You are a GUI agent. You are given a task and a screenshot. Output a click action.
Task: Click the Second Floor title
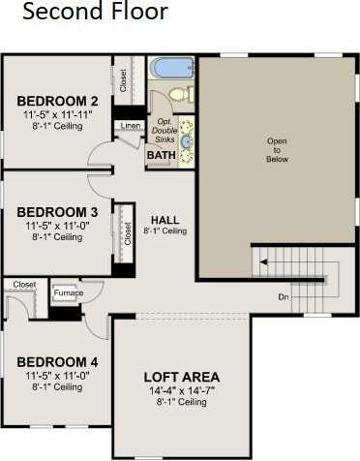pyautogui.click(x=96, y=11)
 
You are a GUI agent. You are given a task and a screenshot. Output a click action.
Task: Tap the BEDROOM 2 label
pyautogui.click(x=57, y=101)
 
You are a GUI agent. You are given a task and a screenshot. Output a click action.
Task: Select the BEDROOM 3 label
pyautogui.click(x=57, y=212)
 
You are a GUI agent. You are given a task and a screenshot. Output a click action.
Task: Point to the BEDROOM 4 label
pyautogui.click(x=57, y=362)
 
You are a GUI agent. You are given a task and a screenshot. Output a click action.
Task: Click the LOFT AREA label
pyautogui.click(x=182, y=377)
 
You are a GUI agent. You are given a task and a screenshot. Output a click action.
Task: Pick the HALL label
pyautogui.click(x=165, y=220)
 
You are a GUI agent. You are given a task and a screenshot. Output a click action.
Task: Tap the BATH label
pyautogui.click(x=162, y=155)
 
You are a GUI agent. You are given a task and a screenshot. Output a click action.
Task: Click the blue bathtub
pyautogui.click(x=171, y=68)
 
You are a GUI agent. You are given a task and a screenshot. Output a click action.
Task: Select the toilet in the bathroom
pyautogui.click(x=181, y=94)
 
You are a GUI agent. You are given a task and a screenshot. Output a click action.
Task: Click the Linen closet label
pyautogui.click(x=131, y=126)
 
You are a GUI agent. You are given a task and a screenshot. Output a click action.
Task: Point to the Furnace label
pyautogui.click(x=69, y=293)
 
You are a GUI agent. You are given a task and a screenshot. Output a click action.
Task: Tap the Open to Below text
pyautogui.click(x=277, y=150)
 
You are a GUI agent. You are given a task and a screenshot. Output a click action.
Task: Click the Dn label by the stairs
pyautogui.click(x=284, y=297)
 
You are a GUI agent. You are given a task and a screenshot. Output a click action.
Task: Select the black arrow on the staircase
pyautogui.click(x=263, y=262)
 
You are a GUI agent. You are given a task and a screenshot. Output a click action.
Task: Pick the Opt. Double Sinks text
pyautogui.click(x=165, y=131)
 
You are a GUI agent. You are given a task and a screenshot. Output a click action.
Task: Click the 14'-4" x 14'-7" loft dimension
pyautogui.click(x=182, y=391)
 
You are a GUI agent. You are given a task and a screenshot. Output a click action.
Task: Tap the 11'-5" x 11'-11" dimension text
pyautogui.click(x=57, y=114)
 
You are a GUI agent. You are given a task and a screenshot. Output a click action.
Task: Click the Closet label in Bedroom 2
pyautogui.click(x=123, y=80)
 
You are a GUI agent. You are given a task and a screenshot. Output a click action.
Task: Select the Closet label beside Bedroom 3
pyautogui.click(x=128, y=233)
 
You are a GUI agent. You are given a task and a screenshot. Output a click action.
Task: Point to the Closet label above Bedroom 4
pyautogui.click(x=24, y=285)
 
